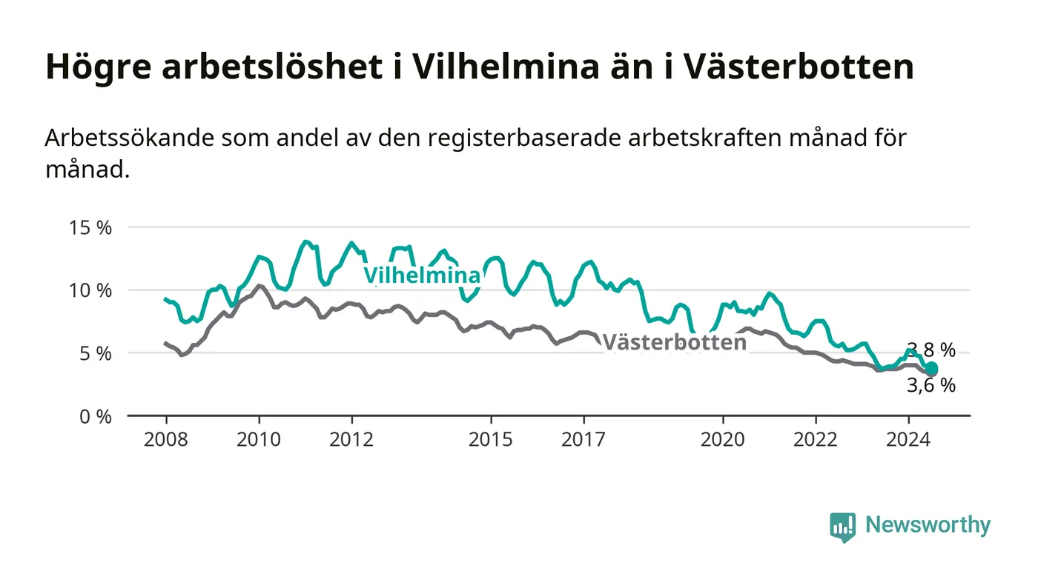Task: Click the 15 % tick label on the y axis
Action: coord(90,228)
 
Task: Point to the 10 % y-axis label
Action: coord(90,291)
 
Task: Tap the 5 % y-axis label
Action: coord(96,354)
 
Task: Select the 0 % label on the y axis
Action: coord(96,417)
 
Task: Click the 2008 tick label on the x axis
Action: coord(166,439)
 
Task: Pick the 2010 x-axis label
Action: coord(259,439)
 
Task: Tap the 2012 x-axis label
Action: coord(351,439)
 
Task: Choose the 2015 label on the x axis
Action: coord(491,439)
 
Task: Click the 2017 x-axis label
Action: coord(584,439)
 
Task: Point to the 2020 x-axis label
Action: coord(723,439)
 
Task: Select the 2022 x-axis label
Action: coord(816,439)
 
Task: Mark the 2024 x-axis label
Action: coord(908,439)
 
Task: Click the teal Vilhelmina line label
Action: coord(422,275)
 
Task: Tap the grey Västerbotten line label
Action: coord(675,343)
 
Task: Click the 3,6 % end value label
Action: coord(931,385)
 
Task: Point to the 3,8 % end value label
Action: coord(931,350)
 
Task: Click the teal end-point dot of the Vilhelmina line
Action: coord(931,368)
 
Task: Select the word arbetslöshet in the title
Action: coord(272,66)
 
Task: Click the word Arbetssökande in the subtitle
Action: coord(129,138)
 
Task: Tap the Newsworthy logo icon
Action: coord(842,527)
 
